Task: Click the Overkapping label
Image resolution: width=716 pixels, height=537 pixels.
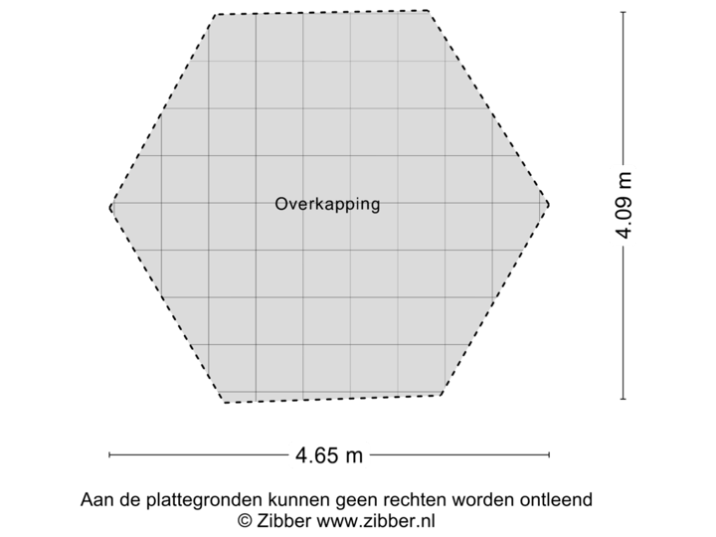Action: coord(327,205)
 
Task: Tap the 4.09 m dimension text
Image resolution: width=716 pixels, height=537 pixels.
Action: coord(624,206)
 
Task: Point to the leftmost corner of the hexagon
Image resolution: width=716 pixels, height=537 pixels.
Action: coord(109,206)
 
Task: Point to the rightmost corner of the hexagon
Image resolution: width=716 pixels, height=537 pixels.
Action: coord(549,204)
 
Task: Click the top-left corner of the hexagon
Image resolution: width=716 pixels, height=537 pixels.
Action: coord(214,14)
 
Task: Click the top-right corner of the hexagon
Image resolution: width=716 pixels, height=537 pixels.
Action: coord(431,11)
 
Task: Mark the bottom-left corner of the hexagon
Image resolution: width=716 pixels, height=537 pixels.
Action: coord(224,403)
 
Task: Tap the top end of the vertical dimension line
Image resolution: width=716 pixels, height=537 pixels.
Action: coord(624,12)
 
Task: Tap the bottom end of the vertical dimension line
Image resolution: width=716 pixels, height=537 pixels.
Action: coord(624,399)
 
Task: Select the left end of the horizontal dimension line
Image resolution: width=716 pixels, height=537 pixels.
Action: coord(109,455)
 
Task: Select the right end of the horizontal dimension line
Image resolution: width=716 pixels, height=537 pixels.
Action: coord(549,455)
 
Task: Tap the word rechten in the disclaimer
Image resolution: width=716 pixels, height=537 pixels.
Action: coord(415,499)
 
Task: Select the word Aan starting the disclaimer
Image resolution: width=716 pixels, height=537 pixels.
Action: coord(95,499)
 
